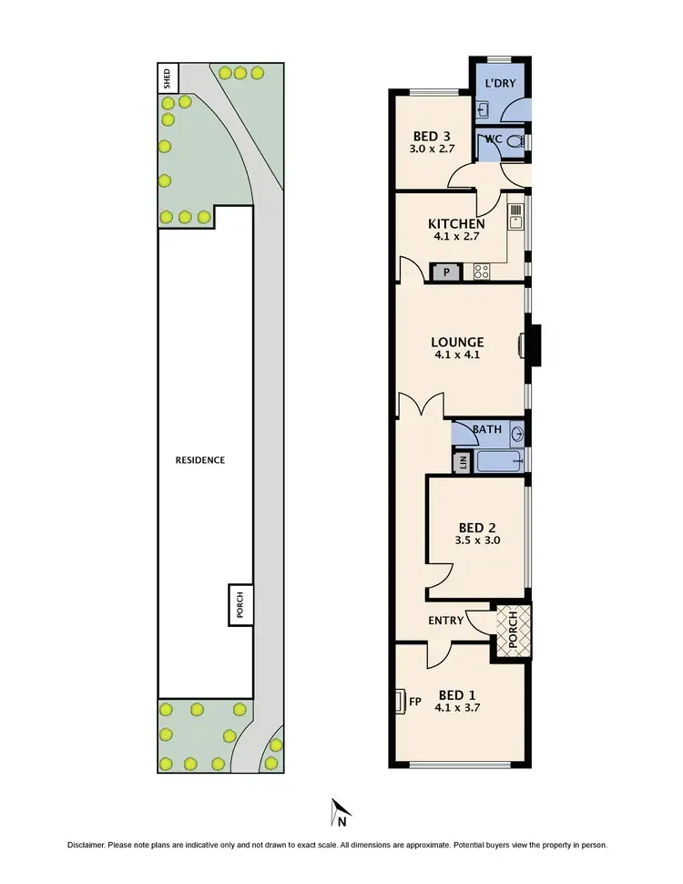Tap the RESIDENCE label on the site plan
pos(200,460)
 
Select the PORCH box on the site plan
pos(240,605)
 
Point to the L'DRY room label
pos(499,84)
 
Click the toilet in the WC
pos(515,142)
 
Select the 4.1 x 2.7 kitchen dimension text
pos(455,236)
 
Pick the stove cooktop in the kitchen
pos(481,271)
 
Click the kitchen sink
pos(515,216)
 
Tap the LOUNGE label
pos(457,343)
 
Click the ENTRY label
pos(446,621)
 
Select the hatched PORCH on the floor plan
pos(511,629)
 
